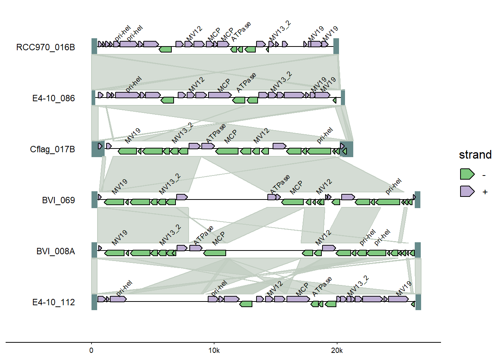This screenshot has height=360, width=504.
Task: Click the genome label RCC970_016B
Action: pos(45,47)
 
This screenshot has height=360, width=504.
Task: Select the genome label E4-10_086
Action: pos(53,98)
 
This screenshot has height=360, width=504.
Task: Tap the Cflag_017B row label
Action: pos(52,149)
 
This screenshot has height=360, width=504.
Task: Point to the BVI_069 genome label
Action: pos(58,200)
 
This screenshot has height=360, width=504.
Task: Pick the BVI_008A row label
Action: pos(55,251)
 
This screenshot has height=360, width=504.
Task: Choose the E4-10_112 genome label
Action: pos(53,302)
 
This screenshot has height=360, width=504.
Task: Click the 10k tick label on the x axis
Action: pos(214,351)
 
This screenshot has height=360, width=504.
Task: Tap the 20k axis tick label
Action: pos(337,351)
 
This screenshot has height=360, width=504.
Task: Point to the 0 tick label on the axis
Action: pos(91,351)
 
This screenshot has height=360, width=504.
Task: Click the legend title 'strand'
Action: pos(475,154)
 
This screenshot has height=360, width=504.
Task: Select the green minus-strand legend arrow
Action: pos(467,174)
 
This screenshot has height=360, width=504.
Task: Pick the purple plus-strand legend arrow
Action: pos(467,191)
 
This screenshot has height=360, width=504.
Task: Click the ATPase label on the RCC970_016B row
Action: pos(241,32)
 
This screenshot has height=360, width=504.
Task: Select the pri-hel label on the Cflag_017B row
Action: pos(325,135)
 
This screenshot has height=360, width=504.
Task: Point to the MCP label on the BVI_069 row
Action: pos(296,187)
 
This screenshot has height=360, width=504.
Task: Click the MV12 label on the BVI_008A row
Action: pos(323,238)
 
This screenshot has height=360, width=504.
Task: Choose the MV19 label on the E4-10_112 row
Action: pos(404,288)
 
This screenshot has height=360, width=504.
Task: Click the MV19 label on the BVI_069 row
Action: pos(120,186)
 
